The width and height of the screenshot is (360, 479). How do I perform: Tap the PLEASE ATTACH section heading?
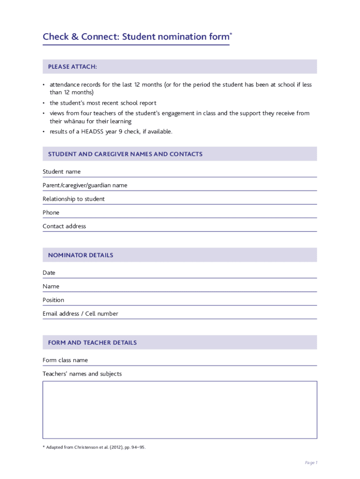click(72, 67)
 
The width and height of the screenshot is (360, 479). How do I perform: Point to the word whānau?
click(73, 121)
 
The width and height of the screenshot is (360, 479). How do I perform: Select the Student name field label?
click(61, 172)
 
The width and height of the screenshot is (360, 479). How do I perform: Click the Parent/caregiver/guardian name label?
click(85, 185)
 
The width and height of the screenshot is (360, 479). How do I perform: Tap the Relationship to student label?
click(73, 199)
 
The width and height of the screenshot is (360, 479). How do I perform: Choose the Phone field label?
click(51, 212)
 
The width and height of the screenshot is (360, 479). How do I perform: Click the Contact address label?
click(64, 226)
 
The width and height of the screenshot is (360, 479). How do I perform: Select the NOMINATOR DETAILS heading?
click(80, 255)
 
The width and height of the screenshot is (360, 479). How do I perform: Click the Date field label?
click(49, 273)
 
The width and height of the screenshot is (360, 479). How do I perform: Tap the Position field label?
click(53, 300)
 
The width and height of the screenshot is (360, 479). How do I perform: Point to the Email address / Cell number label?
click(80, 313)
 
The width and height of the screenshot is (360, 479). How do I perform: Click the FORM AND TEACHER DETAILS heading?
click(92, 343)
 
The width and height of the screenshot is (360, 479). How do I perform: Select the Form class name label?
click(65, 360)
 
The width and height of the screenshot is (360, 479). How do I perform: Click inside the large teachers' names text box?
click(180, 410)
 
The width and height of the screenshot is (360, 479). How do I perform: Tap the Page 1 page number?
click(311, 463)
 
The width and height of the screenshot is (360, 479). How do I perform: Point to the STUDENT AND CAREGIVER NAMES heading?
click(125, 154)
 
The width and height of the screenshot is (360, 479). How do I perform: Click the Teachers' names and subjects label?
click(82, 374)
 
